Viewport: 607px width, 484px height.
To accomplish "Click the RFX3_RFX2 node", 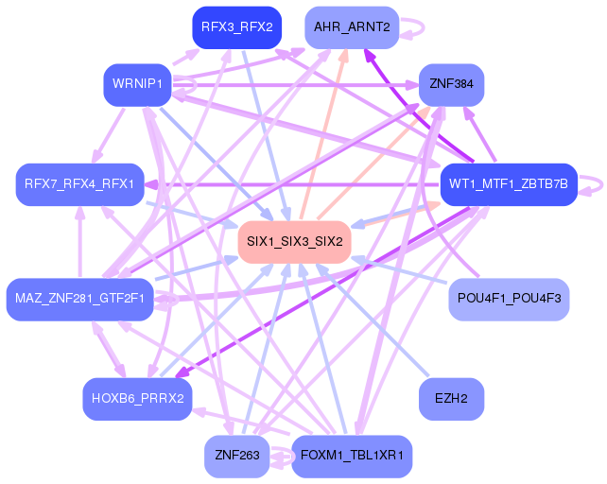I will click(x=236, y=27).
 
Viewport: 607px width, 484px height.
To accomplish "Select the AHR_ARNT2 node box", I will click(x=351, y=27).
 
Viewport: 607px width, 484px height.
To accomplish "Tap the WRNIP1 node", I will click(x=137, y=85).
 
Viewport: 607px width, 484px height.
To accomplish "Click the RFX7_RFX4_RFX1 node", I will click(x=79, y=183).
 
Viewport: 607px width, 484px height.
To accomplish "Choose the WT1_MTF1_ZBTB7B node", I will click(x=509, y=183).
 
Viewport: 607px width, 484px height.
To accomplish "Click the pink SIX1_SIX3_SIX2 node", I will click(x=294, y=242).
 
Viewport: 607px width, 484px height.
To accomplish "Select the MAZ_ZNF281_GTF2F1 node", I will click(x=79, y=300).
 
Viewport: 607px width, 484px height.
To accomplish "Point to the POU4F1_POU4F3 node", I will click(x=509, y=299).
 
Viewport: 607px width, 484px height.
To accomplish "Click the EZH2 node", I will click(x=450, y=398).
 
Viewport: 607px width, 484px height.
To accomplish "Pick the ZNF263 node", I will click(x=236, y=456).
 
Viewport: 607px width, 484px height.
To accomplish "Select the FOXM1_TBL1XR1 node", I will click(x=352, y=456).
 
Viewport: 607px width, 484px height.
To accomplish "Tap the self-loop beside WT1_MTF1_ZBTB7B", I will click(x=593, y=184).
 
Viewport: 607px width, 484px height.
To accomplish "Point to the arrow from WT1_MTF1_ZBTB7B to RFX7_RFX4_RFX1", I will click(x=293, y=183).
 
